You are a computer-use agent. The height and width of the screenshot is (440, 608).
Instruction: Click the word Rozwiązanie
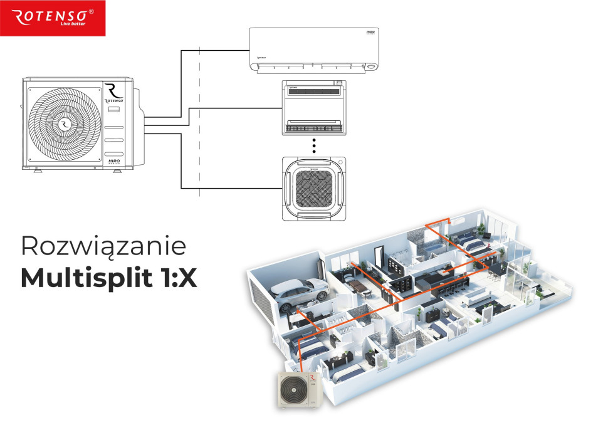point(103,246)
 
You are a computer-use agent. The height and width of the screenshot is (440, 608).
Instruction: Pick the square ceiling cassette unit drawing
point(314,187)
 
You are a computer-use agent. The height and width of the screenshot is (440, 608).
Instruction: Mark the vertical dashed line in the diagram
point(199,125)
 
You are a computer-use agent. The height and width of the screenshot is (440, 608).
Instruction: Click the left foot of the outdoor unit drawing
point(36,170)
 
